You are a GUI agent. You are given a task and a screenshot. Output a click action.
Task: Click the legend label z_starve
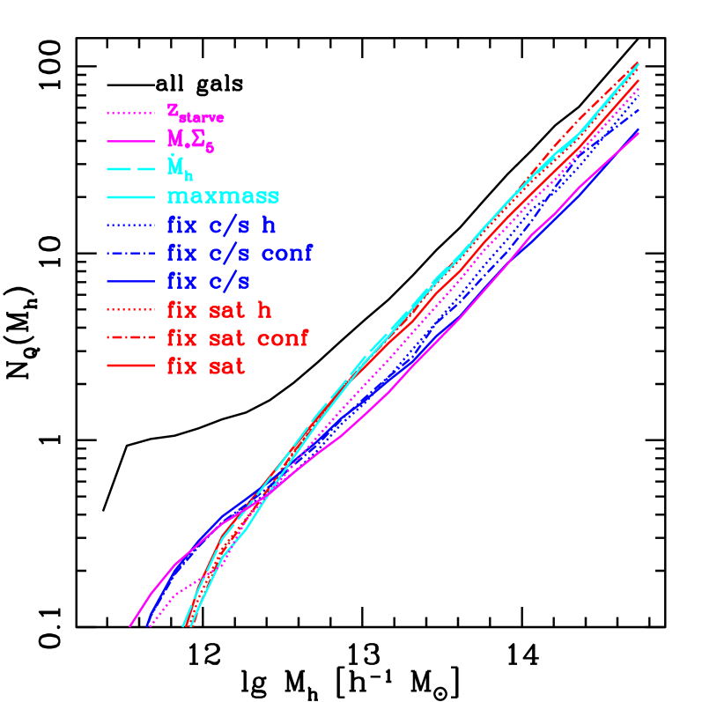pyautogui.click(x=195, y=113)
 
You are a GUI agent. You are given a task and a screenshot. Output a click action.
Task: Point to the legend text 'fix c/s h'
pyautogui.click(x=221, y=225)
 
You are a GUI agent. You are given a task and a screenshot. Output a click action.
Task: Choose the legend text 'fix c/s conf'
pyautogui.click(x=240, y=254)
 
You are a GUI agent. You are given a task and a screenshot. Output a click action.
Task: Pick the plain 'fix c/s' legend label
pyautogui.click(x=209, y=282)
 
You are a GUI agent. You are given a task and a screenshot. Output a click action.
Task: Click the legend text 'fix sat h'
pyautogui.click(x=219, y=310)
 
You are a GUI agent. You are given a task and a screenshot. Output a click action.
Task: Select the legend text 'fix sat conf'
pyautogui.click(x=238, y=338)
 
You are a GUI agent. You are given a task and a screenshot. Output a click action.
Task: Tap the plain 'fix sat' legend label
pyautogui.click(x=206, y=366)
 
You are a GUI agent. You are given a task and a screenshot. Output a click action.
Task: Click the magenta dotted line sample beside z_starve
pyautogui.click(x=131, y=113)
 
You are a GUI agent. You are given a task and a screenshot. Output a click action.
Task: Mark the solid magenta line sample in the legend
pyautogui.click(x=131, y=141)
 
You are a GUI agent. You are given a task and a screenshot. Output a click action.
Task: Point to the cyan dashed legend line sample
pyautogui.click(x=131, y=169)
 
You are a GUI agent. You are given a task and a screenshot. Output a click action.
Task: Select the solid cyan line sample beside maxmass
pyautogui.click(x=131, y=197)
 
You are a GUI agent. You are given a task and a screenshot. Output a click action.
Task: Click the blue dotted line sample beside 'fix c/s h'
pyautogui.click(x=131, y=225)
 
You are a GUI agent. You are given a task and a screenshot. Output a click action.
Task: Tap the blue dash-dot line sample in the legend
pyautogui.click(x=131, y=254)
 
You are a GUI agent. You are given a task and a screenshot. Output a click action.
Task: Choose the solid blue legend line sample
pyautogui.click(x=131, y=282)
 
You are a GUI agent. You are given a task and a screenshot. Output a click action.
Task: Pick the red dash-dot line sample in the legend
pyautogui.click(x=131, y=338)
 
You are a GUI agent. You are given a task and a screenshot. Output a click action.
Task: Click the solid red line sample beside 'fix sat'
pyautogui.click(x=131, y=366)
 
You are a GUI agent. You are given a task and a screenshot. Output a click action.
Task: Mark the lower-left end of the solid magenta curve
pyautogui.click(x=130, y=625)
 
